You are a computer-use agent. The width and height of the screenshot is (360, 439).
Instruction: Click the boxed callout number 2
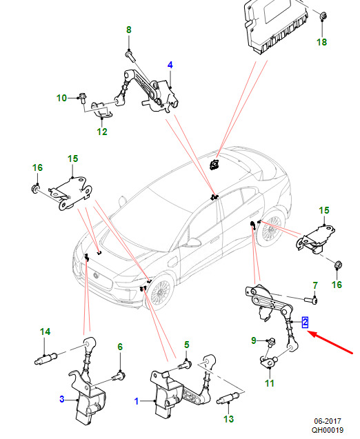tap(305, 323)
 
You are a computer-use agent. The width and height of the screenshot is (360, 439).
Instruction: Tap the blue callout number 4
tap(170, 65)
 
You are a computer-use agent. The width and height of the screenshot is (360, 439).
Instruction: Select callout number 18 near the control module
tap(321, 42)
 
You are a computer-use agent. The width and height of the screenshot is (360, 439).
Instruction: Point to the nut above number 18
tap(323, 16)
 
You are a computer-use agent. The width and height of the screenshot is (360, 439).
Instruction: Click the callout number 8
tap(128, 30)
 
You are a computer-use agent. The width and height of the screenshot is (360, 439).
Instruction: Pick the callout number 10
tap(61, 98)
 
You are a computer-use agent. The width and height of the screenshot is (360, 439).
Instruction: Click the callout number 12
tap(102, 132)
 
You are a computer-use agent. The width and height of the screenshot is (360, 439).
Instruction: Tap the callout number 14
tap(45, 331)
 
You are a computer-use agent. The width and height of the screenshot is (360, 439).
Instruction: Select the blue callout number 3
tap(62, 399)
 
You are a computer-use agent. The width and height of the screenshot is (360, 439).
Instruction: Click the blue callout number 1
tap(137, 402)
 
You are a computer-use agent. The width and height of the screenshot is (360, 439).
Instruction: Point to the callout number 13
tap(228, 419)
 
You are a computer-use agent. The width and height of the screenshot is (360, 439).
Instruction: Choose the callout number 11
tap(270, 383)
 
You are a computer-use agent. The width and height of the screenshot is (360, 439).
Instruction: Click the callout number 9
tap(254, 340)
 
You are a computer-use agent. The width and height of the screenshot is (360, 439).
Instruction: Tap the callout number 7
tap(315, 285)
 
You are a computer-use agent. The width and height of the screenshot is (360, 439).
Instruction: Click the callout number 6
tap(120, 347)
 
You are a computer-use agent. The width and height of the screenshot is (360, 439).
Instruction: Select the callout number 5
tap(187, 345)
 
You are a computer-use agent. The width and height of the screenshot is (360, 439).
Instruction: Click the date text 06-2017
tap(328, 421)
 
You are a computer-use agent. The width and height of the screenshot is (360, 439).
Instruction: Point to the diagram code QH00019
tap(328, 430)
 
